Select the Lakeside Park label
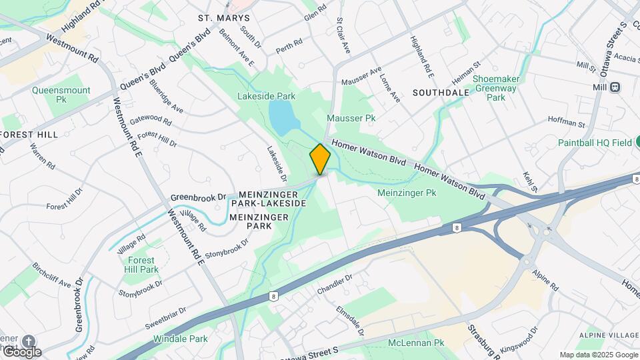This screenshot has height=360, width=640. tap(266, 96)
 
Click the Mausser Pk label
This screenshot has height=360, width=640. tap(351, 118)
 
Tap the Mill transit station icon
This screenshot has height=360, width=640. tap(615, 87)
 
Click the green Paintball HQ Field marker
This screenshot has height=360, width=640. tap(637, 142)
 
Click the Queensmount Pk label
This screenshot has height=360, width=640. tap(61, 94)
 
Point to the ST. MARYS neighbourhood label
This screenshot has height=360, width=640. tap(224, 17)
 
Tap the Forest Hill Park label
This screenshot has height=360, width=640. tap(141, 265)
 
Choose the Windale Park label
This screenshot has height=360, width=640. tap(181, 339)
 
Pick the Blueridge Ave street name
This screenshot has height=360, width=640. tap(166, 96)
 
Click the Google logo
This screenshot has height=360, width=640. tap(21, 351)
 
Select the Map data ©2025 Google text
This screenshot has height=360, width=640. tap(598, 355)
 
